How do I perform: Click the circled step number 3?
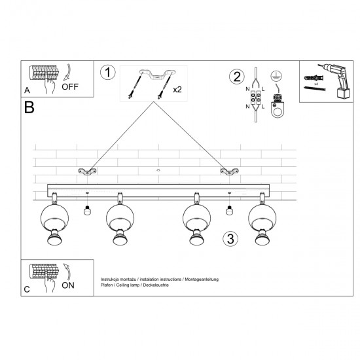[x=230, y=238]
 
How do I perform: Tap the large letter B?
[x=30, y=107]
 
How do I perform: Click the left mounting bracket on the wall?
[x=86, y=171]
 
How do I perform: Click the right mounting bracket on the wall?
[x=229, y=171]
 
